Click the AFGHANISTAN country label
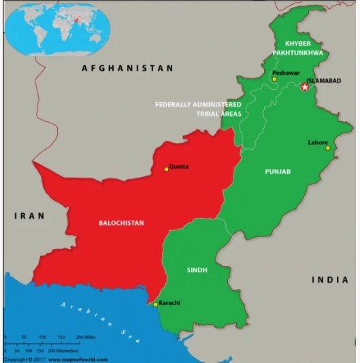(128, 68)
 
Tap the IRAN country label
(30, 215)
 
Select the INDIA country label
(330, 280)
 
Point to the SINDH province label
(197, 270)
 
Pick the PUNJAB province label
(278, 172)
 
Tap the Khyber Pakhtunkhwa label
(299, 47)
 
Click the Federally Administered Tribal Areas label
(198, 109)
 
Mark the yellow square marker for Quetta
(166, 168)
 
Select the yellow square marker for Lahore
(327, 148)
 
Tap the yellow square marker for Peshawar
(274, 79)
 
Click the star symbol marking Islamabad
(305, 87)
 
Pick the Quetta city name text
(180, 166)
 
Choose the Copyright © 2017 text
(22, 359)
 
